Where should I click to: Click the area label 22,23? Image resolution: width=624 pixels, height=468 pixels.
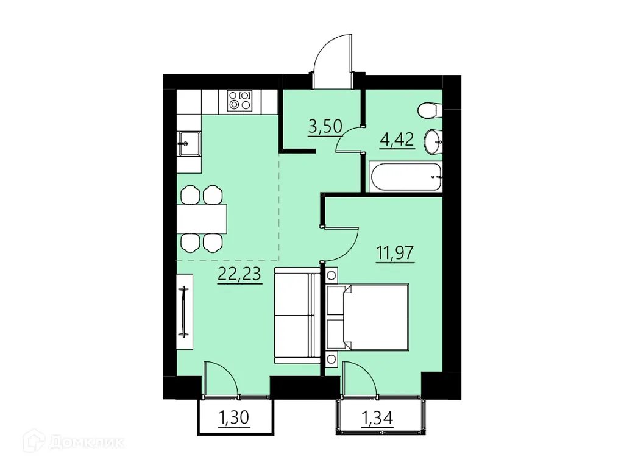tap(239, 274)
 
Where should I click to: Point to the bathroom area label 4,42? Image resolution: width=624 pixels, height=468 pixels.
tap(397, 140)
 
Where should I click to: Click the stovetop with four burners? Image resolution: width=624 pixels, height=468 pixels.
tap(239, 101)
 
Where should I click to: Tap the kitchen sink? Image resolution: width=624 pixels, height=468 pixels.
tap(188, 144)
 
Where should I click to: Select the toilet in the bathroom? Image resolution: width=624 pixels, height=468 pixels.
tap(430, 111)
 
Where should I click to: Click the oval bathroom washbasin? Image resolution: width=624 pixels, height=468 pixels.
tap(434, 142)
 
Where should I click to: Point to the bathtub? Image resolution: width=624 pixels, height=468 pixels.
tap(406, 177)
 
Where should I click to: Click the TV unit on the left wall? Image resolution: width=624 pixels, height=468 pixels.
tap(184, 311)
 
